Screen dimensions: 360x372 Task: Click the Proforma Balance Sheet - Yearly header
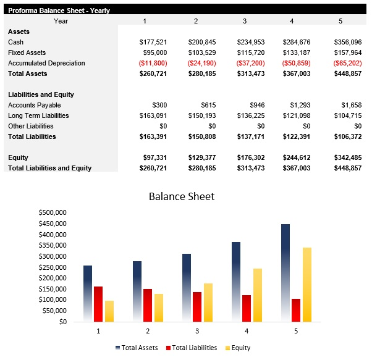[x=59, y=10]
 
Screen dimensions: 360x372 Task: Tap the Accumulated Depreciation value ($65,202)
[x=347, y=63]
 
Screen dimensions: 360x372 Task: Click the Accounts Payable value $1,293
[x=300, y=105]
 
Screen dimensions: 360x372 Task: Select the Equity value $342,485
[x=347, y=157]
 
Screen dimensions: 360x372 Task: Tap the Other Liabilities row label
[x=31, y=126]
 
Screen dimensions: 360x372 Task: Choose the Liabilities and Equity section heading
[x=41, y=94]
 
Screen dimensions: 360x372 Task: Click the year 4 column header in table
[x=292, y=21]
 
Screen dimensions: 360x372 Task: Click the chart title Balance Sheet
[x=182, y=196]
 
